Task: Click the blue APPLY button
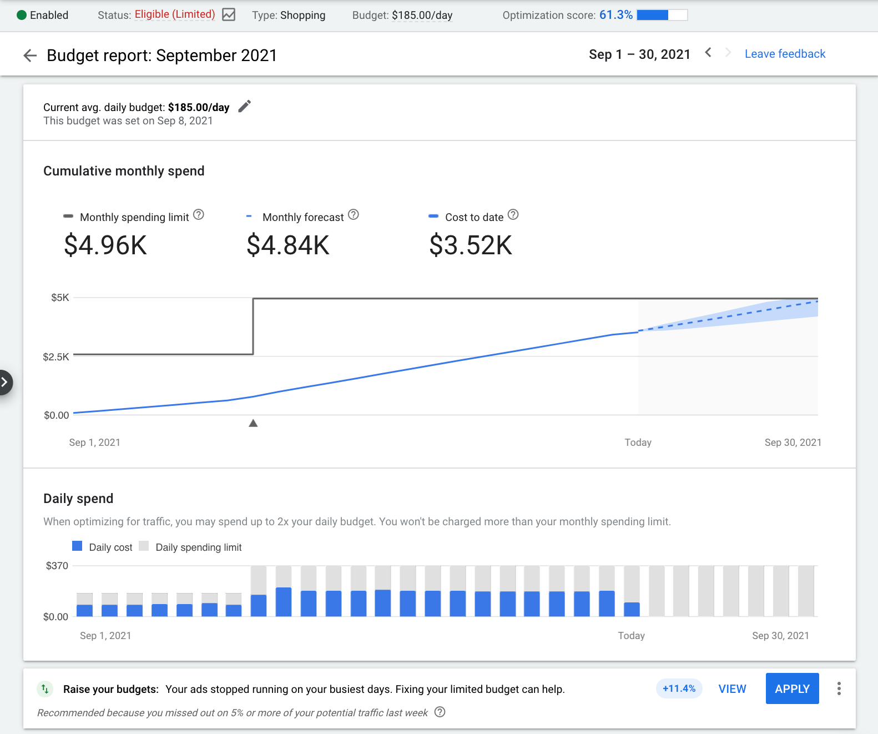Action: [x=792, y=688]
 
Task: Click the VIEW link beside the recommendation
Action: [x=732, y=689]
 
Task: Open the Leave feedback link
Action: [x=785, y=54]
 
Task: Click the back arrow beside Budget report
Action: [x=30, y=55]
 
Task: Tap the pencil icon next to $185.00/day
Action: [x=245, y=106]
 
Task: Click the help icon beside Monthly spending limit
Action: [x=199, y=215]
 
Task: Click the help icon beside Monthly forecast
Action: [x=354, y=215]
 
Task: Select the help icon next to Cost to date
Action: [x=513, y=215]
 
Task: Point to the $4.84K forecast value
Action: [x=288, y=245]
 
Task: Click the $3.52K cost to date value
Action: [x=471, y=245]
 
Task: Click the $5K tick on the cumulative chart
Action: [x=60, y=298]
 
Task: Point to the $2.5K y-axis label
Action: [x=56, y=356]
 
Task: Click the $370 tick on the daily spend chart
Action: [x=57, y=566]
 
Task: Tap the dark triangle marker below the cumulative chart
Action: [x=253, y=423]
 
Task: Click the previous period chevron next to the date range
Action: [x=708, y=53]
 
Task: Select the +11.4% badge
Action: [x=679, y=688]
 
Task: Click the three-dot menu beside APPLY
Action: [x=839, y=688]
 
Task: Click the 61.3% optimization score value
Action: [x=615, y=15]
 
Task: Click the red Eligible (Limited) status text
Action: [x=175, y=14]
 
